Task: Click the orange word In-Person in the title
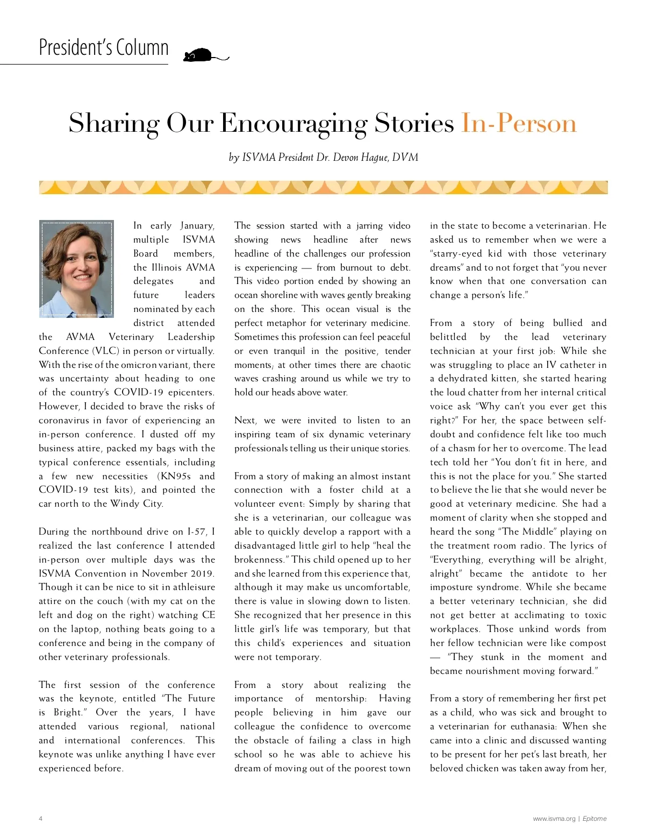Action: pyautogui.click(x=519, y=123)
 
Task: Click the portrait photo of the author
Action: pyautogui.click(x=76, y=268)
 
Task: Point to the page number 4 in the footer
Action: pyautogui.click(x=41, y=819)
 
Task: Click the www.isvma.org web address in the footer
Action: pyautogui.click(x=554, y=819)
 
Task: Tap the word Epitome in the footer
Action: pyautogui.click(x=594, y=819)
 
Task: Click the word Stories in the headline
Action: pyautogui.click(x=414, y=123)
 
